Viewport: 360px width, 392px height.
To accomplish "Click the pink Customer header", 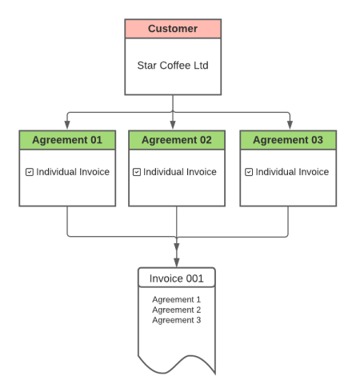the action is pos(173,29).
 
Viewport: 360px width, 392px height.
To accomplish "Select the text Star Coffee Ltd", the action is pos(173,66).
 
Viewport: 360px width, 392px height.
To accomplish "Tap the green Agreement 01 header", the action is pos(67,140).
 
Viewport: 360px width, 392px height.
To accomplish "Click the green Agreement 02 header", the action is pos(177,140).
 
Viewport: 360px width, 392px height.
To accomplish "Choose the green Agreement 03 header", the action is pos(288,140).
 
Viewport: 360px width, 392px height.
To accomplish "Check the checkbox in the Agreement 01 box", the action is pos(30,172).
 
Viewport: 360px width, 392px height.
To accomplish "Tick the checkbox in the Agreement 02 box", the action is pos(137,172).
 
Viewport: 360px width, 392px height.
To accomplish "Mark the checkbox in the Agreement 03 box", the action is pos(249,172).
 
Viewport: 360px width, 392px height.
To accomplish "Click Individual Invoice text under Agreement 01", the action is pos(73,172).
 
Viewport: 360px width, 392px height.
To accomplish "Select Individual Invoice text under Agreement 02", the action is pos(180,172).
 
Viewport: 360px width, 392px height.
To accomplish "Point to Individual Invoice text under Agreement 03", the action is pos(292,172).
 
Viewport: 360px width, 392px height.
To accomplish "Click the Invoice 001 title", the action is pos(177,278).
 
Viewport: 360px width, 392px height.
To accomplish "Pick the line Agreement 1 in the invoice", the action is pos(177,299).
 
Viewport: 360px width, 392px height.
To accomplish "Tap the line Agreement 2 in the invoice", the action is pos(177,310).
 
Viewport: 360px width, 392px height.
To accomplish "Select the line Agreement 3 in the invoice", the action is pos(177,320).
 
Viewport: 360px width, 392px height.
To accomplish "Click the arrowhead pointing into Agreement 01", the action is pos(67,125).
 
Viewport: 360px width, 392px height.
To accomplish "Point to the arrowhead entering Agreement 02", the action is pos(173,125).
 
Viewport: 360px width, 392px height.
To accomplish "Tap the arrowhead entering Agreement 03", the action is pos(290,125).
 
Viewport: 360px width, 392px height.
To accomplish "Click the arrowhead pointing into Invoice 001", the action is pos(177,262).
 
